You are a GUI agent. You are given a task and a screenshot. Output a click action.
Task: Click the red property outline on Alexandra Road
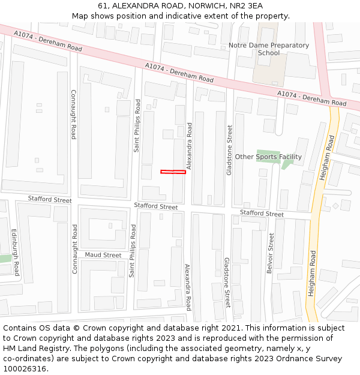tap(173, 172)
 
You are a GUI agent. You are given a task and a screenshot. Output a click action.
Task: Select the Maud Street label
tap(103, 255)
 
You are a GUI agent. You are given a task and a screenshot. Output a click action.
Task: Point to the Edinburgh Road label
tap(16, 252)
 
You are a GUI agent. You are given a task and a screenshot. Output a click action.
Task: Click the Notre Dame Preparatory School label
tap(268, 49)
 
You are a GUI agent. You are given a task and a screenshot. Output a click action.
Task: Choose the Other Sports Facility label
tap(268, 157)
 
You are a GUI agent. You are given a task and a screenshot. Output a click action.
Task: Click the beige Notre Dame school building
tap(268, 70)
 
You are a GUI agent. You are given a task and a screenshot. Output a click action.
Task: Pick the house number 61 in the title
tap(103, 5)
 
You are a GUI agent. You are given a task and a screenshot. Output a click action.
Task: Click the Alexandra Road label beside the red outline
tap(190, 146)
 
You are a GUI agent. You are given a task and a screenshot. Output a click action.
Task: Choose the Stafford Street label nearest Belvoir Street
tap(262, 214)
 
